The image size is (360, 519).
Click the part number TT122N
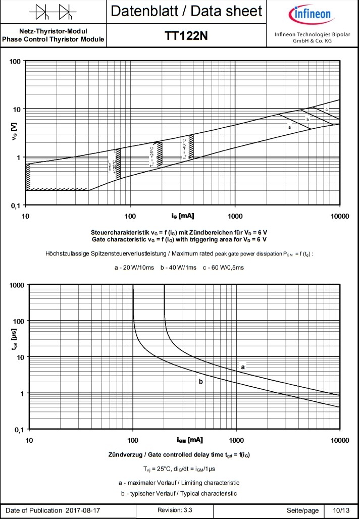(x=186, y=35)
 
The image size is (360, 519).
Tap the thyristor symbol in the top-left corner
(x=53, y=11)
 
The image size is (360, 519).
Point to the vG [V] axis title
(x=14, y=133)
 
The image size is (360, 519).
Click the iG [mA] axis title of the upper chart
(x=182, y=216)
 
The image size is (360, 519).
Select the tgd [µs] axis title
(x=14, y=356)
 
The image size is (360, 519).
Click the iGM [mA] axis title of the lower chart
(x=190, y=440)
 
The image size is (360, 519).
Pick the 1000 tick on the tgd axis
(x=17, y=285)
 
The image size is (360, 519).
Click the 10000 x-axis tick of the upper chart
(x=339, y=216)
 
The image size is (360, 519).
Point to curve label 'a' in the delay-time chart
(x=243, y=367)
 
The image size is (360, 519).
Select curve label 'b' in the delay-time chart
(x=201, y=382)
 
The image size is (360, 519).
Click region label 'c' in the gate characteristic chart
(x=327, y=110)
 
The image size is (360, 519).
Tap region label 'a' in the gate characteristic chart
(x=289, y=127)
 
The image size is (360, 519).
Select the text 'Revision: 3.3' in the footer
(x=175, y=510)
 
